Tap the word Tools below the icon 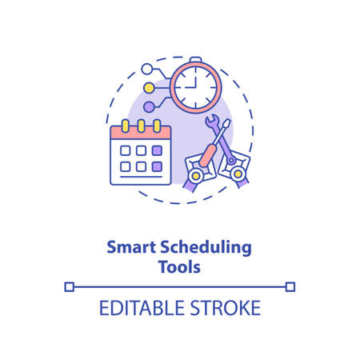click(179, 266)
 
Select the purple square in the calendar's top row click(157, 150)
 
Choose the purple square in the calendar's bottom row click(157, 166)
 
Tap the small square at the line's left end click(69, 286)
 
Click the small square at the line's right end click(290, 286)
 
